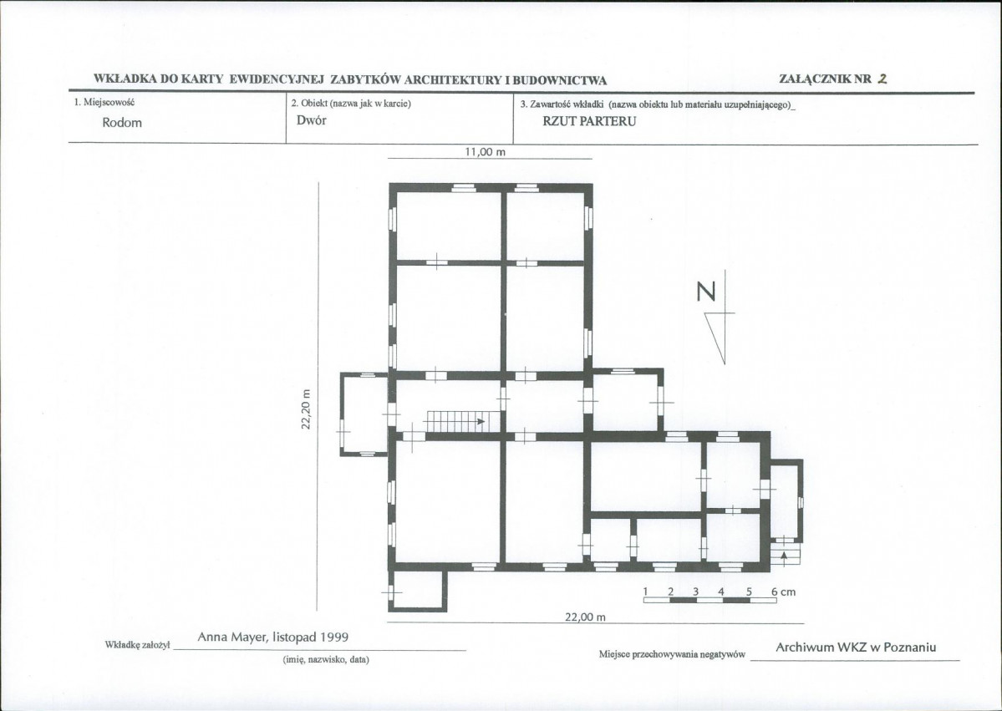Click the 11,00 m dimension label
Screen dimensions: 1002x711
click(x=485, y=152)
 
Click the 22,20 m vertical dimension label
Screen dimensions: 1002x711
click(x=306, y=409)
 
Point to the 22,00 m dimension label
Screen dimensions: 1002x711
click(x=585, y=617)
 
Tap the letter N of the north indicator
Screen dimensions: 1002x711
click(x=706, y=292)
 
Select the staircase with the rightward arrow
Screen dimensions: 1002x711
click(x=455, y=422)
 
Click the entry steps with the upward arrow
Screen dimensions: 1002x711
click(x=785, y=555)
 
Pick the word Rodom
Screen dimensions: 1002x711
click(x=121, y=123)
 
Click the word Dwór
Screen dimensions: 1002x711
click(x=311, y=121)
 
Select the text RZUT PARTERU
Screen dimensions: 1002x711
click(x=589, y=121)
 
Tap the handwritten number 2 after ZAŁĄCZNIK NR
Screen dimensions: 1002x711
click(x=882, y=79)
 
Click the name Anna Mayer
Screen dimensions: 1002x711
click(x=232, y=637)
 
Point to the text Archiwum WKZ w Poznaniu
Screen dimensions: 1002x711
click(x=856, y=648)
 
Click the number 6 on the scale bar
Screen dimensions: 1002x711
click(x=774, y=592)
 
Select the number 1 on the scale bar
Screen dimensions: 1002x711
click(x=646, y=591)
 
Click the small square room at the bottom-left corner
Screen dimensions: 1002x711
click(x=417, y=590)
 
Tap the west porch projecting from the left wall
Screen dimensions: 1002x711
click(x=364, y=414)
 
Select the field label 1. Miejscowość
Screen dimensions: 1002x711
click(x=104, y=102)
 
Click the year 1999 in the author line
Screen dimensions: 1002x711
click(x=334, y=637)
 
